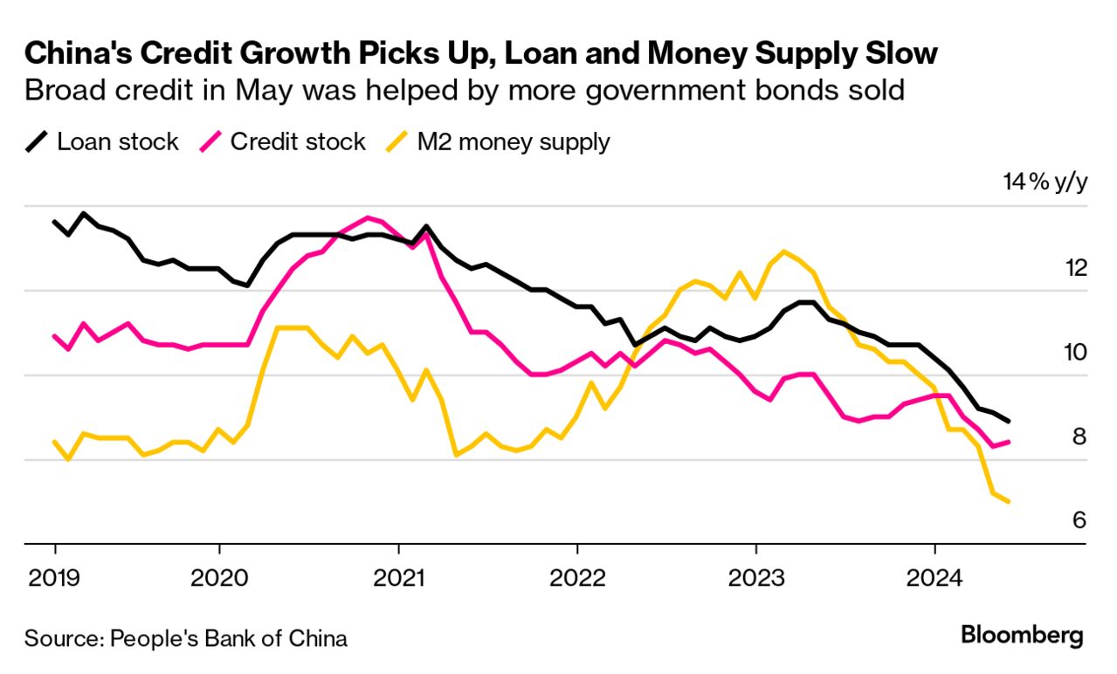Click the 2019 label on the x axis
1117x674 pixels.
[54, 577]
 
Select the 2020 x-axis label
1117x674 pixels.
[219, 577]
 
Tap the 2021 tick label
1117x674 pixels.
[398, 577]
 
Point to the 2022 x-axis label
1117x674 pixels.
[577, 577]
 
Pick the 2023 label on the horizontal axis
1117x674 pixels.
[755, 577]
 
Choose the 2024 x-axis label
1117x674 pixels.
[934, 577]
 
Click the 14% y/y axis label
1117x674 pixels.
[1045, 183]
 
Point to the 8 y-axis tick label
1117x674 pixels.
[1079, 437]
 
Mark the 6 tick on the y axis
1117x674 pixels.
[1079, 521]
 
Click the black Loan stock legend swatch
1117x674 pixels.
[35, 142]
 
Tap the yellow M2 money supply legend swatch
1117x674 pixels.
[395, 142]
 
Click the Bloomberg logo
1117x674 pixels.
[1022, 635]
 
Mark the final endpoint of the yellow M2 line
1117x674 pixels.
[1010, 502]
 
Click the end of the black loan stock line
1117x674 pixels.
[1010, 422]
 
